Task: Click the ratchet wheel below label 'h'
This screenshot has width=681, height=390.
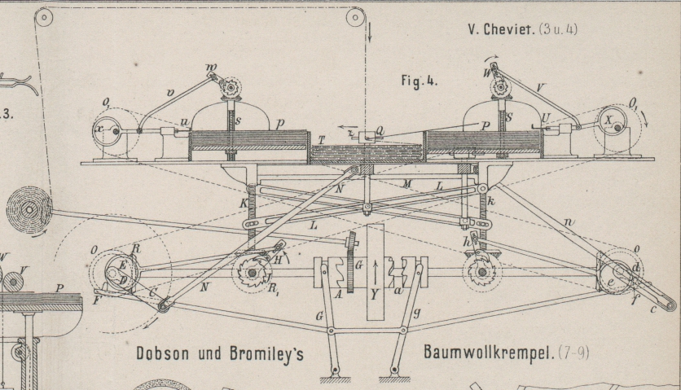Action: (x=481, y=269)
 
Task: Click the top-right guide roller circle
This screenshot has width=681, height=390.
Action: (x=356, y=17)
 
